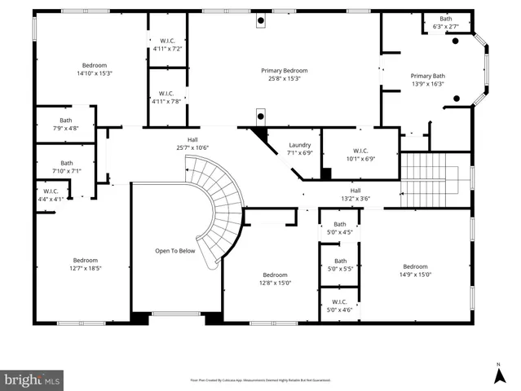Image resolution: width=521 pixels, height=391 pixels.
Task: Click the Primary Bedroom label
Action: point(284,71)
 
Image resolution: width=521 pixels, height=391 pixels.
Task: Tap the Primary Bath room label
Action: point(428,77)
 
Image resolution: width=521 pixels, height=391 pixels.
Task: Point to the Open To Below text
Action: point(175,251)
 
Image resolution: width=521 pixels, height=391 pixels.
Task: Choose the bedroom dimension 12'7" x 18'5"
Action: point(86,267)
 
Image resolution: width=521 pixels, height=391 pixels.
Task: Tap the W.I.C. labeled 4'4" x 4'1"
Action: point(51,199)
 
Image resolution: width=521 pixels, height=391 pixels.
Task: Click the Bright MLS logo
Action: point(33,380)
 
